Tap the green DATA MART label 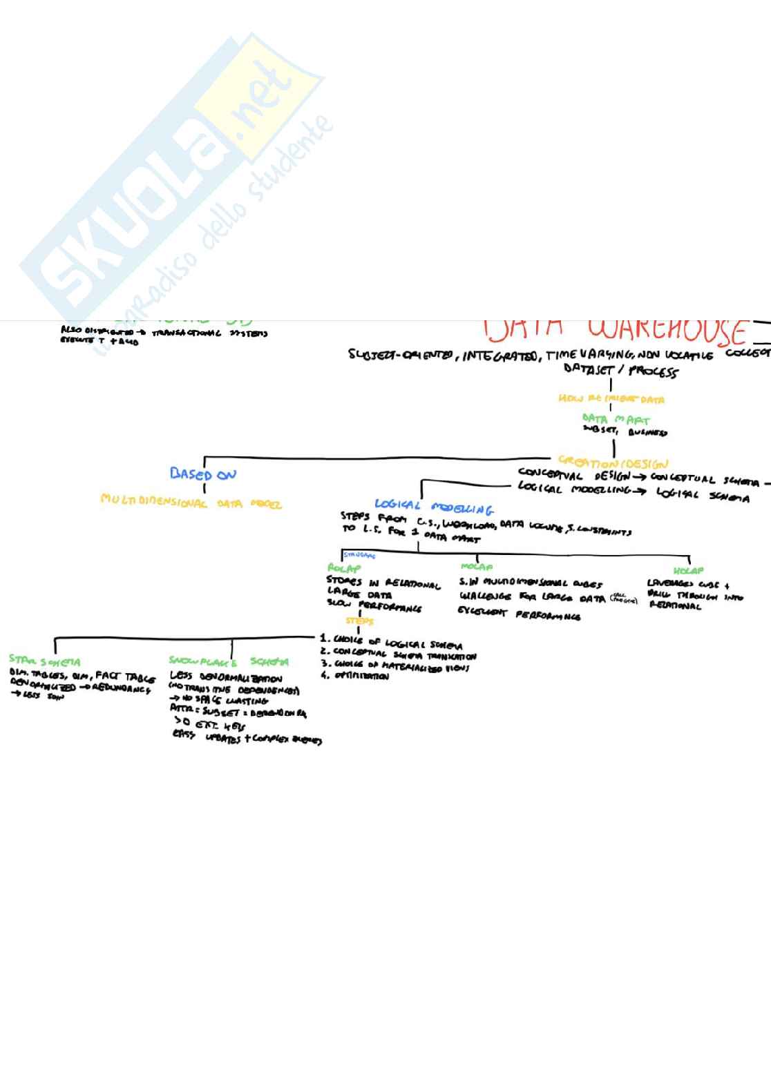click(616, 419)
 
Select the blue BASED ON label click(203, 474)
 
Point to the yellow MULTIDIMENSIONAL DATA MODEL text click(191, 501)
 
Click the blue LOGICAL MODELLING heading click(434, 507)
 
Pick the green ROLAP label click(344, 569)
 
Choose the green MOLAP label click(477, 567)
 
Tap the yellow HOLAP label click(688, 571)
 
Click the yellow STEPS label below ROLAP click(359, 621)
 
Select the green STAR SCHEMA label click(44, 661)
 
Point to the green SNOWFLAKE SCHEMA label click(229, 661)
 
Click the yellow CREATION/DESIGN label click(613, 463)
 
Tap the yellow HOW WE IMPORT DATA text click(611, 399)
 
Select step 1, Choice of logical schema click(391, 641)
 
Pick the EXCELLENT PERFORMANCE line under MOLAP click(519, 614)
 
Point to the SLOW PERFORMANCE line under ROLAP click(374, 606)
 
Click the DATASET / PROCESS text click(620, 371)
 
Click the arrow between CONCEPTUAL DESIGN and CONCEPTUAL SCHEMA click(639, 477)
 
